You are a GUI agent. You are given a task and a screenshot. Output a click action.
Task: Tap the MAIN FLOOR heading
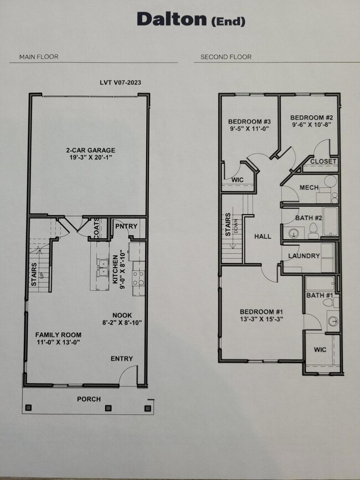click(x=39, y=56)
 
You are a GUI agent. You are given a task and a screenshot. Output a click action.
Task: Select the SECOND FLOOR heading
click(x=225, y=56)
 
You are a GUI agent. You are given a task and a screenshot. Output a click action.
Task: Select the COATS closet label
click(x=97, y=228)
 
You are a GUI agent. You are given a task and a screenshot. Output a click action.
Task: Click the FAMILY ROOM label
click(x=58, y=335)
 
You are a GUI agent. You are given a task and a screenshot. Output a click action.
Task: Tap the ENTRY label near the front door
click(x=121, y=359)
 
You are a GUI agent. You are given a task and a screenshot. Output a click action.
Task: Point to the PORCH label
click(x=89, y=399)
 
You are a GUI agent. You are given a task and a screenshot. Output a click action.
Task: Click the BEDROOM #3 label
click(x=249, y=122)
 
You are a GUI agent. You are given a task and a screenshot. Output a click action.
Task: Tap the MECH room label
click(x=308, y=188)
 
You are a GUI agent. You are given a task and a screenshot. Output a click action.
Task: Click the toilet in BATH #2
click(x=313, y=230)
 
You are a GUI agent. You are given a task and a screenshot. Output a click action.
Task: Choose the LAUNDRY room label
click(x=304, y=256)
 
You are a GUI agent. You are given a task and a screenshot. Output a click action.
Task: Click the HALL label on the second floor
click(x=263, y=236)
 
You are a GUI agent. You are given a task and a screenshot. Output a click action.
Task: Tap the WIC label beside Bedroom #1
click(x=320, y=350)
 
